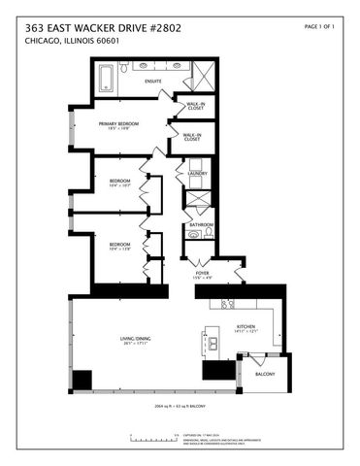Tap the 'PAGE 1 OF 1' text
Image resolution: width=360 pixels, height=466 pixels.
click(x=319, y=26)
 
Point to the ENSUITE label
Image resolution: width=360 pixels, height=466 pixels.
click(x=152, y=82)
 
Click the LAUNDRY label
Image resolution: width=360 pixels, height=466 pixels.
click(x=198, y=174)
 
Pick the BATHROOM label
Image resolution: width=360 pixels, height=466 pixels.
click(x=202, y=224)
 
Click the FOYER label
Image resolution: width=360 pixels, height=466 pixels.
click(x=202, y=275)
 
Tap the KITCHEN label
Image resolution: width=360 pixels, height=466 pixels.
click(x=245, y=326)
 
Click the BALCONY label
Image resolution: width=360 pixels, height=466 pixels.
click(x=265, y=375)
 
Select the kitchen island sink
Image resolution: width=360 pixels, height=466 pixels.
click(x=211, y=342)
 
